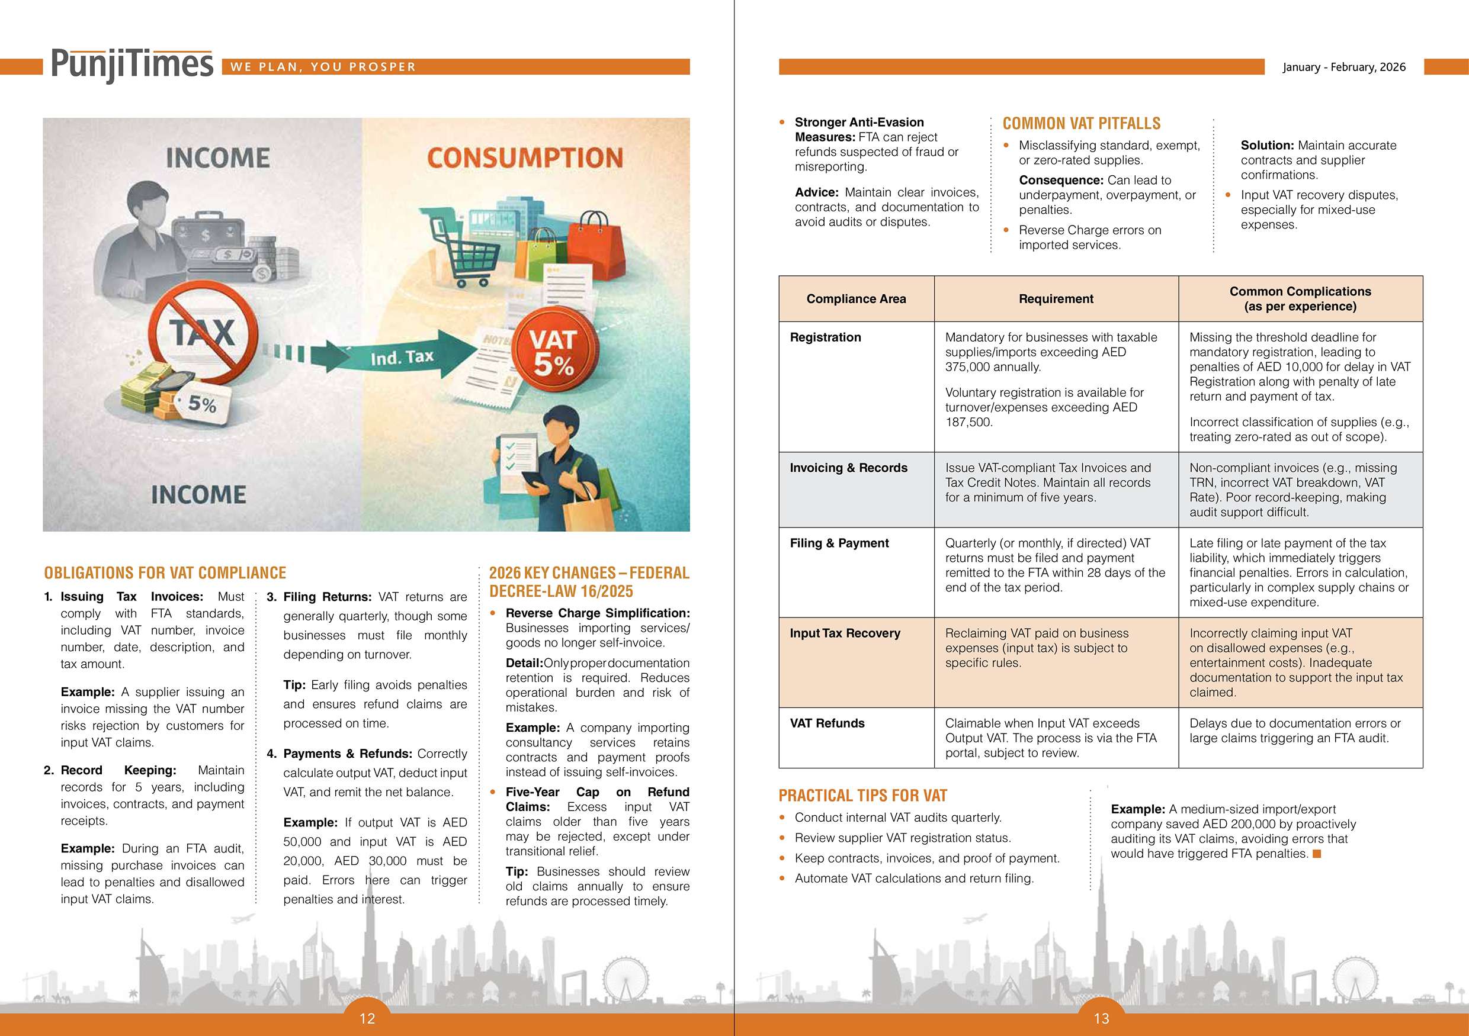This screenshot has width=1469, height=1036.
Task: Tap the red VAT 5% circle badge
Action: [553, 353]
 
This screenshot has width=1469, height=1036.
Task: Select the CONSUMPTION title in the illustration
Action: [525, 158]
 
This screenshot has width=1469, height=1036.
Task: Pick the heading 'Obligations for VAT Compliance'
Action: [165, 573]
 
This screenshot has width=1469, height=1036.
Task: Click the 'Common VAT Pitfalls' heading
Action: [1081, 123]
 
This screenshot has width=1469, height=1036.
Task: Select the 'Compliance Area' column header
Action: [856, 298]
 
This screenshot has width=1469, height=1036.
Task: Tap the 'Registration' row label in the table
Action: [825, 337]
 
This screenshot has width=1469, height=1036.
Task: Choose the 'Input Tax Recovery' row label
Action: [845, 633]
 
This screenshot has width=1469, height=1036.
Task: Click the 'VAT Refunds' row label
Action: [827, 723]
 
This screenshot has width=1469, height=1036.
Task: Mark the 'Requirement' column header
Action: [1056, 298]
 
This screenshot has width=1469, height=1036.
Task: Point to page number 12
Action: [367, 1019]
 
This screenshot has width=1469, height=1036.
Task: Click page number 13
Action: [1101, 1019]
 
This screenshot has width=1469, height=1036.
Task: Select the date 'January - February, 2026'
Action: [1343, 67]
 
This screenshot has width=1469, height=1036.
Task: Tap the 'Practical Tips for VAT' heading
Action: [862, 796]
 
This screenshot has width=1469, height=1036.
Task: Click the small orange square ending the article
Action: [1317, 854]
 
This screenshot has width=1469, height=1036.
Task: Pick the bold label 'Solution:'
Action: [1267, 145]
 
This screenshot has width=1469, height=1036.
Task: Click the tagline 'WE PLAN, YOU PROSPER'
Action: [323, 67]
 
